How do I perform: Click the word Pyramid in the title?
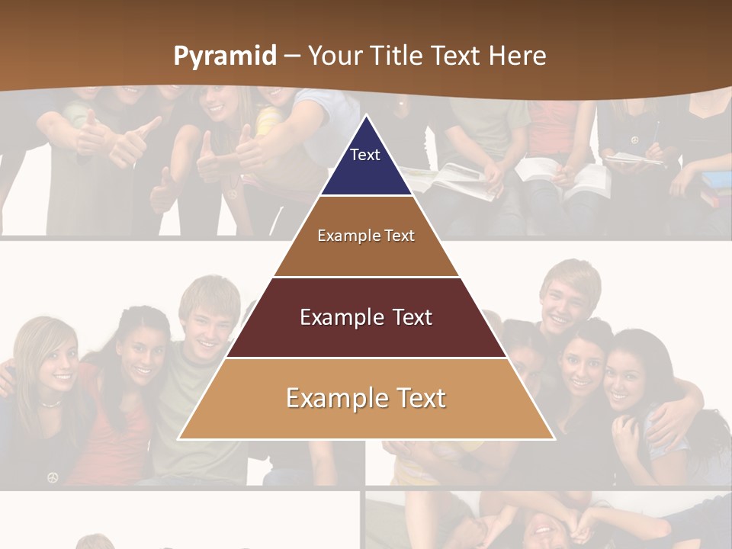pyautogui.click(x=225, y=56)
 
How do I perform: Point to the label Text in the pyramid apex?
pyautogui.click(x=365, y=155)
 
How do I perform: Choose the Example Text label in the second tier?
pyautogui.click(x=366, y=236)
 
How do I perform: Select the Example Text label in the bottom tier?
pyautogui.click(x=366, y=398)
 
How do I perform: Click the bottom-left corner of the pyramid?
pyautogui.click(x=178, y=439)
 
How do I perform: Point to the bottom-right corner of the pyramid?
pyautogui.click(x=554, y=439)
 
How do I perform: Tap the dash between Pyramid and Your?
pyautogui.click(x=292, y=56)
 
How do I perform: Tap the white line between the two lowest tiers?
pyautogui.click(x=366, y=358)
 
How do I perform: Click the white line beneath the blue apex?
pyautogui.click(x=366, y=196)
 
